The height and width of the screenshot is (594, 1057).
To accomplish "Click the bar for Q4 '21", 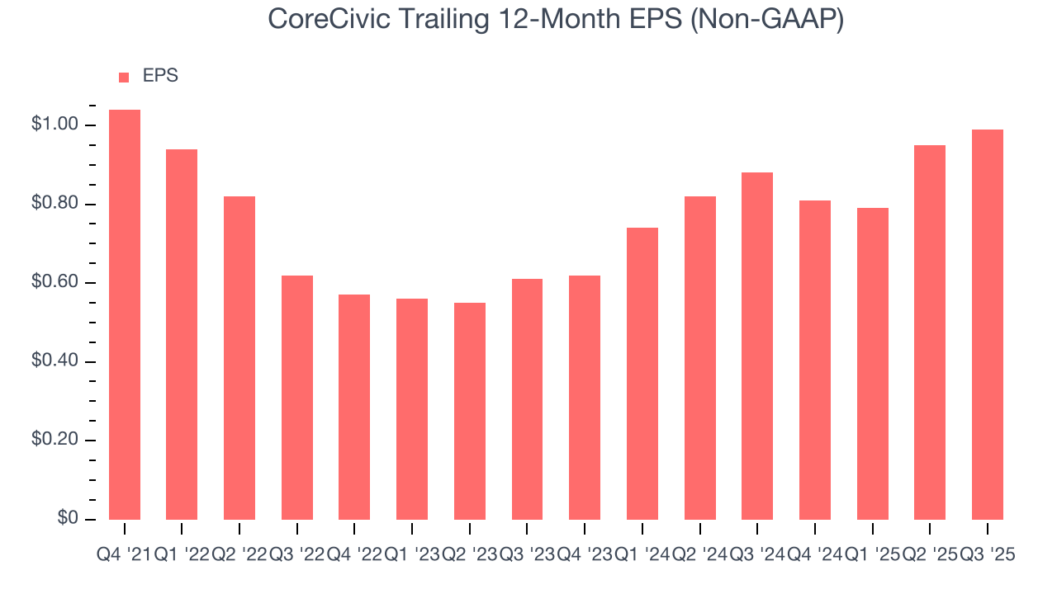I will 125,314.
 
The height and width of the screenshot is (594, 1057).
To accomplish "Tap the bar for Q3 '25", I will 988,324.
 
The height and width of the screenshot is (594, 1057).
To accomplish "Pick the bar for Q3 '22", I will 297,397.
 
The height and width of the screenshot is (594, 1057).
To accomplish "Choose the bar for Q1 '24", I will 642,373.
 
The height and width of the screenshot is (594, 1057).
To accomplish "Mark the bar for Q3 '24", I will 757,346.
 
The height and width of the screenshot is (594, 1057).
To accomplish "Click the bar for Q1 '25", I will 873,363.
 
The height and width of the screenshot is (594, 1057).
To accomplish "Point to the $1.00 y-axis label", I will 55,125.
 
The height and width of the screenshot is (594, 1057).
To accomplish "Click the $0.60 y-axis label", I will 55,283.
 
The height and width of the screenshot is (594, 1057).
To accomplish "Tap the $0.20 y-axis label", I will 55,441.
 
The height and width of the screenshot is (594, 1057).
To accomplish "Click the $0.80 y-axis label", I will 55,204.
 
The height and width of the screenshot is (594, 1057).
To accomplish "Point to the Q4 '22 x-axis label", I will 354,555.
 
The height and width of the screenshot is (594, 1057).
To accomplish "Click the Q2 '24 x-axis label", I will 699,555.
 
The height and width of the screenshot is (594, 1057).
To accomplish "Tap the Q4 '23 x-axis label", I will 585,555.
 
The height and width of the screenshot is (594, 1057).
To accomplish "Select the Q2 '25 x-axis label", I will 930,555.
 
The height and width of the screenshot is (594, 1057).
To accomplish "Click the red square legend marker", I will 124,77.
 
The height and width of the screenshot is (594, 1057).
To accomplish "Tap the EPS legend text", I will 160,76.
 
